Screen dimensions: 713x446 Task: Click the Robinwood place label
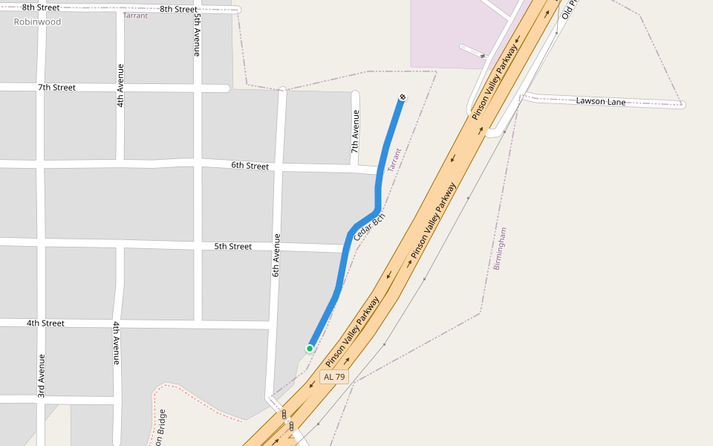[37, 22]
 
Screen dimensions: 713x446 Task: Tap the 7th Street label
[56, 88]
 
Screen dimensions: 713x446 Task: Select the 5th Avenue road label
[197, 35]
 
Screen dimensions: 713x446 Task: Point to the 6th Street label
[250, 166]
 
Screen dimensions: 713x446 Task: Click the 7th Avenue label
[355, 132]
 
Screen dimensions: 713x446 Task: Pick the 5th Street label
[233, 246]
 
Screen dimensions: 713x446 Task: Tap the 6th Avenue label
[276, 255]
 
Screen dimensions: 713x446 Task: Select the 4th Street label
[45, 323]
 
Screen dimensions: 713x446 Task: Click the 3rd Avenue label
[42, 375]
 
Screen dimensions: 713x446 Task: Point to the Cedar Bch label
[369, 227]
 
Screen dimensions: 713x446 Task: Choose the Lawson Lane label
[601, 101]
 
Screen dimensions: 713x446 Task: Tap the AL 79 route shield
[334, 377]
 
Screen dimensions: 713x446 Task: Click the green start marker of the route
[310, 349]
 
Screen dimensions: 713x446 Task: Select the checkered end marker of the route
[402, 97]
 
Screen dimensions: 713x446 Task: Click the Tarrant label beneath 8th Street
[135, 16]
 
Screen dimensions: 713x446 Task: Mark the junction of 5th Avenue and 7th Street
[198, 88]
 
